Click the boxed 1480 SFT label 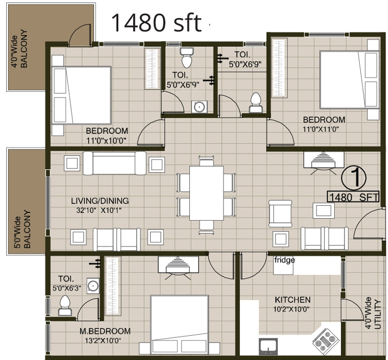tap(354, 197)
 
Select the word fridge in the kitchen tap(284, 260)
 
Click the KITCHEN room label tap(292, 300)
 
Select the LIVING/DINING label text tap(100, 201)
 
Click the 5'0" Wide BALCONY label tap(22, 230)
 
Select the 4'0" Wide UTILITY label tap(373, 314)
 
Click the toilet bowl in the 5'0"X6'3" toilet tap(66, 306)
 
